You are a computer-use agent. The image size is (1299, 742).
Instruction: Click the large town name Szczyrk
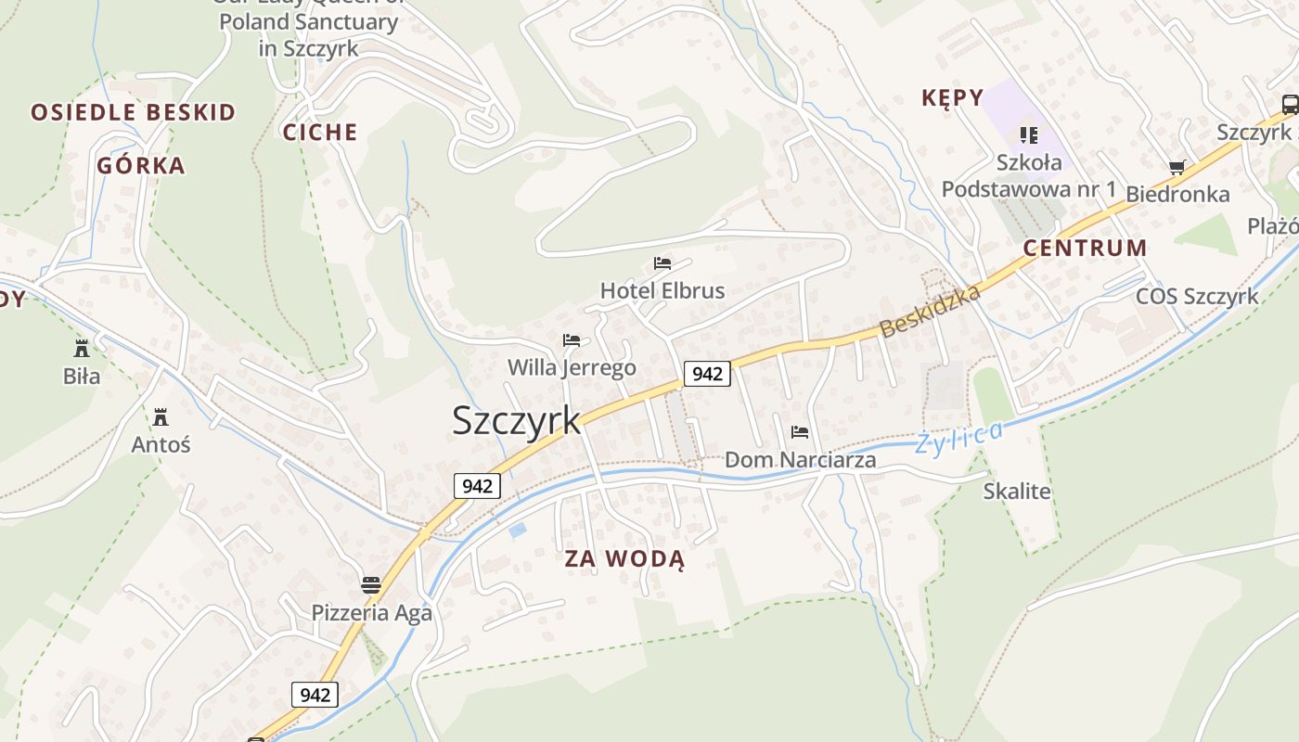(516, 420)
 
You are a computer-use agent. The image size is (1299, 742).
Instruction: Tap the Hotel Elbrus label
(662, 290)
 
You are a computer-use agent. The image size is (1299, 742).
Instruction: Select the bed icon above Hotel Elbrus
(662, 263)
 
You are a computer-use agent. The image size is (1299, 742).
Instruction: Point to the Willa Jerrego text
(572, 367)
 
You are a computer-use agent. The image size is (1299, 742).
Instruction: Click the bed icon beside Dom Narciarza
(799, 432)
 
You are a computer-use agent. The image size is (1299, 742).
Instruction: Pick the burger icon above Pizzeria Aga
(371, 584)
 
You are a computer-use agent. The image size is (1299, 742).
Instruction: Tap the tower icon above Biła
(82, 349)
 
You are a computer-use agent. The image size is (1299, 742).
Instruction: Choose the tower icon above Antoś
(161, 416)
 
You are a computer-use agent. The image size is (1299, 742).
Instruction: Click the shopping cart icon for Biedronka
(1177, 167)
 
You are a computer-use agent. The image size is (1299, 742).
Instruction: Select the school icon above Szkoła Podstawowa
(1028, 135)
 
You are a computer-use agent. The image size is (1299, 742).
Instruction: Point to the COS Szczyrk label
(1197, 296)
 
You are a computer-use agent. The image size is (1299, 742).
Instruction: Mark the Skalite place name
(1017, 491)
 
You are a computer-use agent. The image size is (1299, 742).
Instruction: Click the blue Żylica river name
(959, 436)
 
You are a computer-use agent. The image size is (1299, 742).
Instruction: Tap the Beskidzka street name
(930, 312)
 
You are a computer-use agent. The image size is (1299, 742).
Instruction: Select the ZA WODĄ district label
(624, 559)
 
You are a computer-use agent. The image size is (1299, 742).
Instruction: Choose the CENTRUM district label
(1085, 248)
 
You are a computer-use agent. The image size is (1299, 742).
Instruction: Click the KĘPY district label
(952, 97)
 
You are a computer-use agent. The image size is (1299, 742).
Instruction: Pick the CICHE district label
(320, 132)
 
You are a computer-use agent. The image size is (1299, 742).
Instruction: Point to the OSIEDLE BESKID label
(134, 112)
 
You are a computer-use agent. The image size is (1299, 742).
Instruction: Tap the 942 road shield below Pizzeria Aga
(315, 694)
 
